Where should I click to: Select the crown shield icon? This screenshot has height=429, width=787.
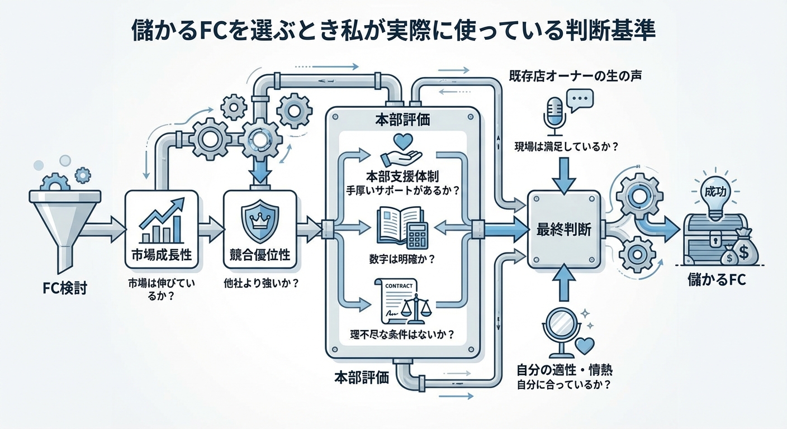point(259,220)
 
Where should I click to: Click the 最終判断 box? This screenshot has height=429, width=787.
point(565,228)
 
